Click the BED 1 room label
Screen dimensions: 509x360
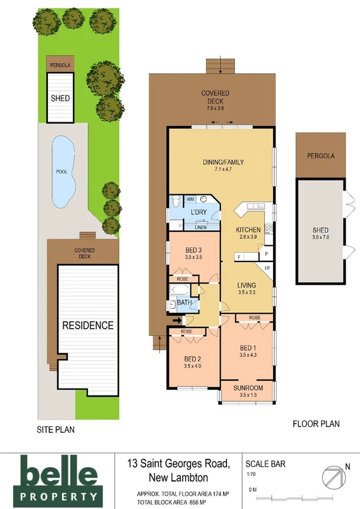coord(248,348)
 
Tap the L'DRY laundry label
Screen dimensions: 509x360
coord(199,213)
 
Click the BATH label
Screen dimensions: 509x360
coord(184,303)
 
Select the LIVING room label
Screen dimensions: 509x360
coord(247,285)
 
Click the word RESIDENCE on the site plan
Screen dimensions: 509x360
coord(88,326)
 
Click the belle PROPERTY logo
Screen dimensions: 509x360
coord(58,478)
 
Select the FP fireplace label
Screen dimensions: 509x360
coord(267,267)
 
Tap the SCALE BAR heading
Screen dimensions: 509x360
coord(266,463)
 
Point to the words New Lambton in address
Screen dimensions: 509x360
coord(177,477)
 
